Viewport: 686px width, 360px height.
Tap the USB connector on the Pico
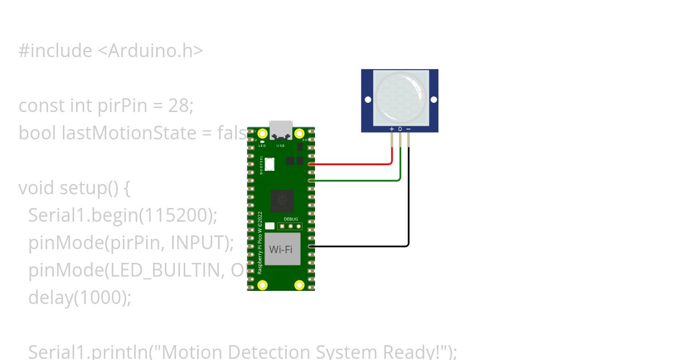(x=281, y=130)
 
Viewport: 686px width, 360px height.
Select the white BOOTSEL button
(x=269, y=165)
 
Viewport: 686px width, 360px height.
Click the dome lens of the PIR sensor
(x=400, y=97)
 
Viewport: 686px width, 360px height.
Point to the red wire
(x=354, y=164)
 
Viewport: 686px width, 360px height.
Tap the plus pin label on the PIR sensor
(x=392, y=129)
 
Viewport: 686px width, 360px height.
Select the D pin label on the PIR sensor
(x=400, y=129)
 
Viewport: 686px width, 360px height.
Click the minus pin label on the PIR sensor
(x=409, y=129)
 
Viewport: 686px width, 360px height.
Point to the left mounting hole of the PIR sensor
(x=368, y=99)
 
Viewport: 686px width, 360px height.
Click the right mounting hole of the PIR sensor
(x=434, y=99)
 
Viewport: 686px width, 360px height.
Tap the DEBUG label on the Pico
(x=290, y=219)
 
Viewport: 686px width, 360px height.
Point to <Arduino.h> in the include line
(x=147, y=51)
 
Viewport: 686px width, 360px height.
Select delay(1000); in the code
(x=79, y=298)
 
